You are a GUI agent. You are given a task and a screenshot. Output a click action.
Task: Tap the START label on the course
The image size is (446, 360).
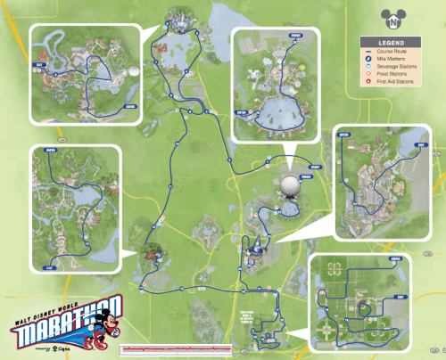click(x=312, y=166)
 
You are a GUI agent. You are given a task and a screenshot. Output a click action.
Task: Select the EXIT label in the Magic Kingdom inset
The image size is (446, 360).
click(x=39, y=65)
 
